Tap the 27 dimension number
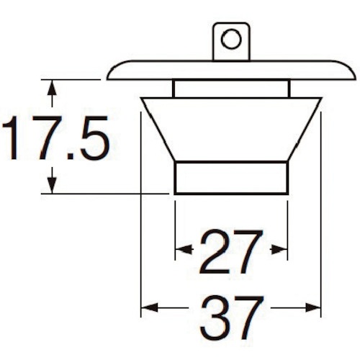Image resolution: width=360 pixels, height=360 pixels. (x=230, y=251)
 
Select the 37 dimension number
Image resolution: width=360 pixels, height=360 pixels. (x=230, y=316)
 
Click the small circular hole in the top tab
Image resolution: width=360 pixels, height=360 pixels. (x=231, y=38)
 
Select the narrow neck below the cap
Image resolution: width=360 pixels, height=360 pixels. (x=231, y=89)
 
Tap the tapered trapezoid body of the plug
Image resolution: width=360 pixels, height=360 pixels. (x=231, y=130)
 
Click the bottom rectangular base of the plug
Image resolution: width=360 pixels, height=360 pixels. (x=231, y=177)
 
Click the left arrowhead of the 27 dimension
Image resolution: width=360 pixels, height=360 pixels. (x=181, y=250)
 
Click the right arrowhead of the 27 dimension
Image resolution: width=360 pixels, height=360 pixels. (x=282, y=250)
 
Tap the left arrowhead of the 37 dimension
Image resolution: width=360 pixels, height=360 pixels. (x=147, y=308)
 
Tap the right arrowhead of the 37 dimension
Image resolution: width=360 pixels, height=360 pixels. (x=315, y=308)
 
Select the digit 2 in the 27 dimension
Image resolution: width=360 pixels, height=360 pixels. (x=214, y=251)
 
